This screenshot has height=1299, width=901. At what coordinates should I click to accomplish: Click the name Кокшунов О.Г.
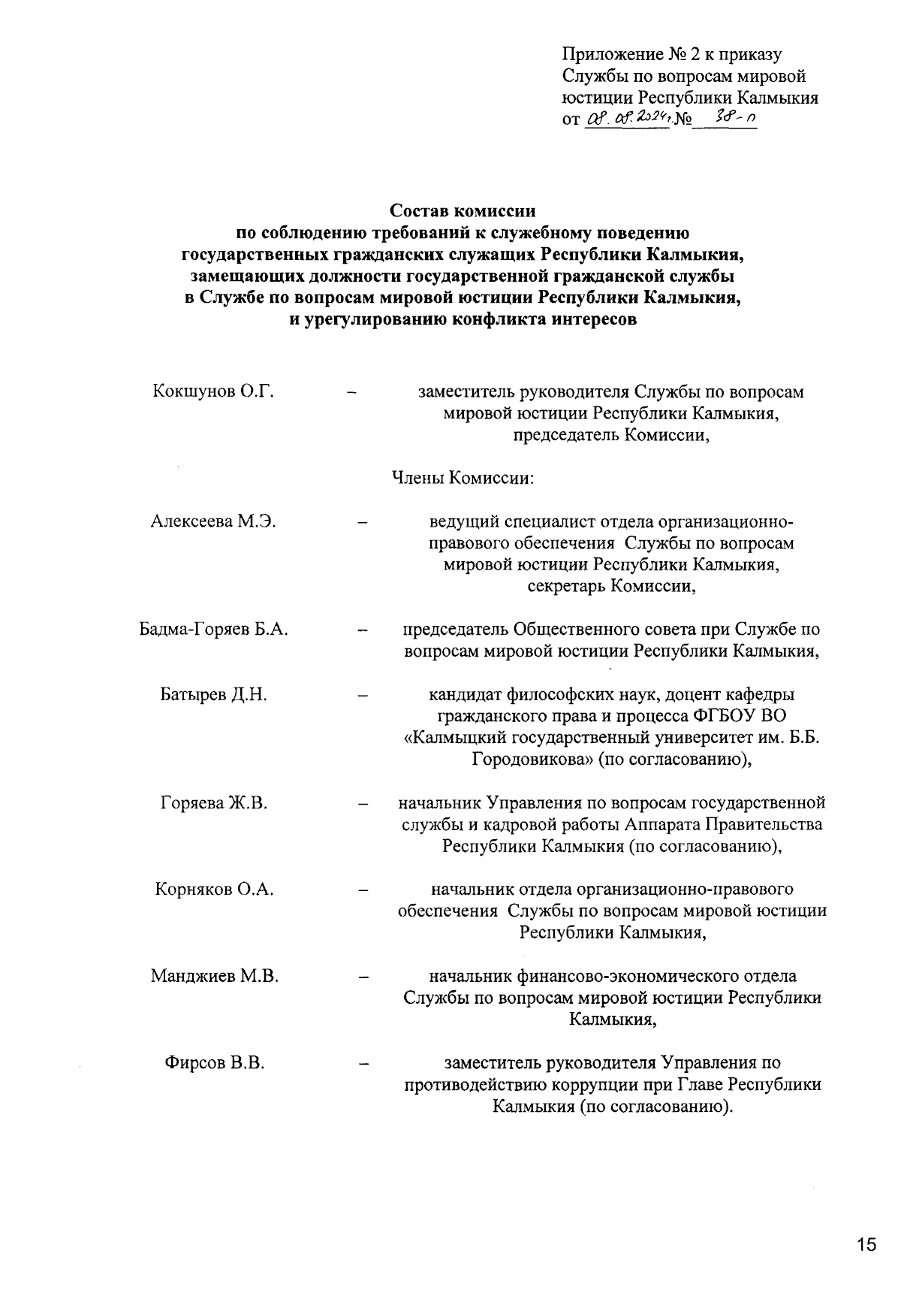[212, 391]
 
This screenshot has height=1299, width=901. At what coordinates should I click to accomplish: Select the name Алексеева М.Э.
[213, 521]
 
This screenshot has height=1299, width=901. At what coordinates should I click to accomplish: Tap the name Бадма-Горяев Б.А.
[214, 630]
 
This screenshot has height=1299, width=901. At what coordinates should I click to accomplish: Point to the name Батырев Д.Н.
[214, 695]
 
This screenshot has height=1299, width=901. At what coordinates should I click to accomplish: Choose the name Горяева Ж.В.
[214, 803]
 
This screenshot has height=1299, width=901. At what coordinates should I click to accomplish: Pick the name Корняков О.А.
[214, 890]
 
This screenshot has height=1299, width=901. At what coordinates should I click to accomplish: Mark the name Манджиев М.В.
[214, 977]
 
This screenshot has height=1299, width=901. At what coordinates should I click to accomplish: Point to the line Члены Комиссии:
[463, 479]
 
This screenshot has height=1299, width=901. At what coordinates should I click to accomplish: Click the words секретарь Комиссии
[611, 586]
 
